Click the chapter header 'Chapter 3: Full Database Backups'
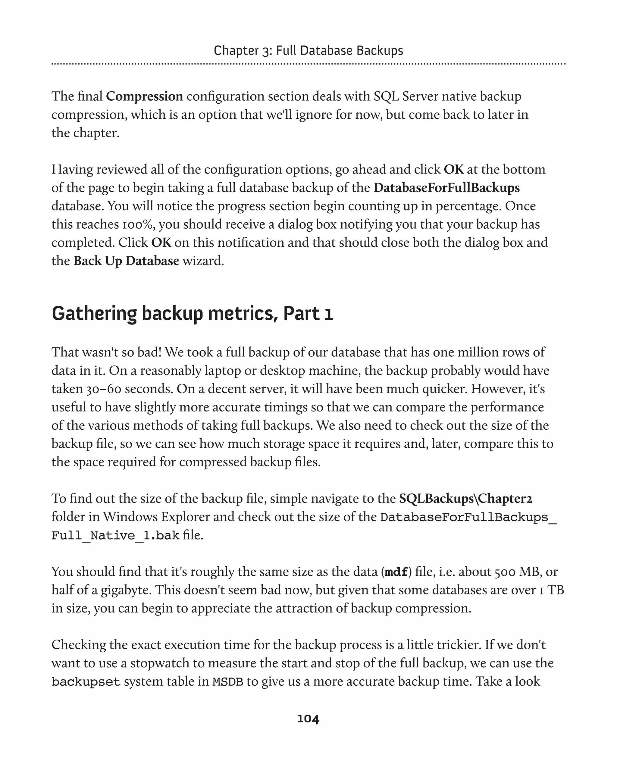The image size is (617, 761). click(x=308, y=51)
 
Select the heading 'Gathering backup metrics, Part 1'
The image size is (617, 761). click(x=192, y=314)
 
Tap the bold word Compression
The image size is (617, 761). click(x=144, y=96)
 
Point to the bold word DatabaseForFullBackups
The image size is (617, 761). click(x=446, y=187)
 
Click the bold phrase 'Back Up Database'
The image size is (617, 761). click(x=126, y=261)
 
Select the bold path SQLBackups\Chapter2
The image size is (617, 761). click(x=465, y=498)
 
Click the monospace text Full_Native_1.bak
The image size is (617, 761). click(x=115, y=535)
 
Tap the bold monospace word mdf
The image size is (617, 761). click(x=396, y=572)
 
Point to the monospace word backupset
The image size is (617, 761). click(x=86, y=681)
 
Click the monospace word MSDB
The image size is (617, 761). click(x=227, y=681)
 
